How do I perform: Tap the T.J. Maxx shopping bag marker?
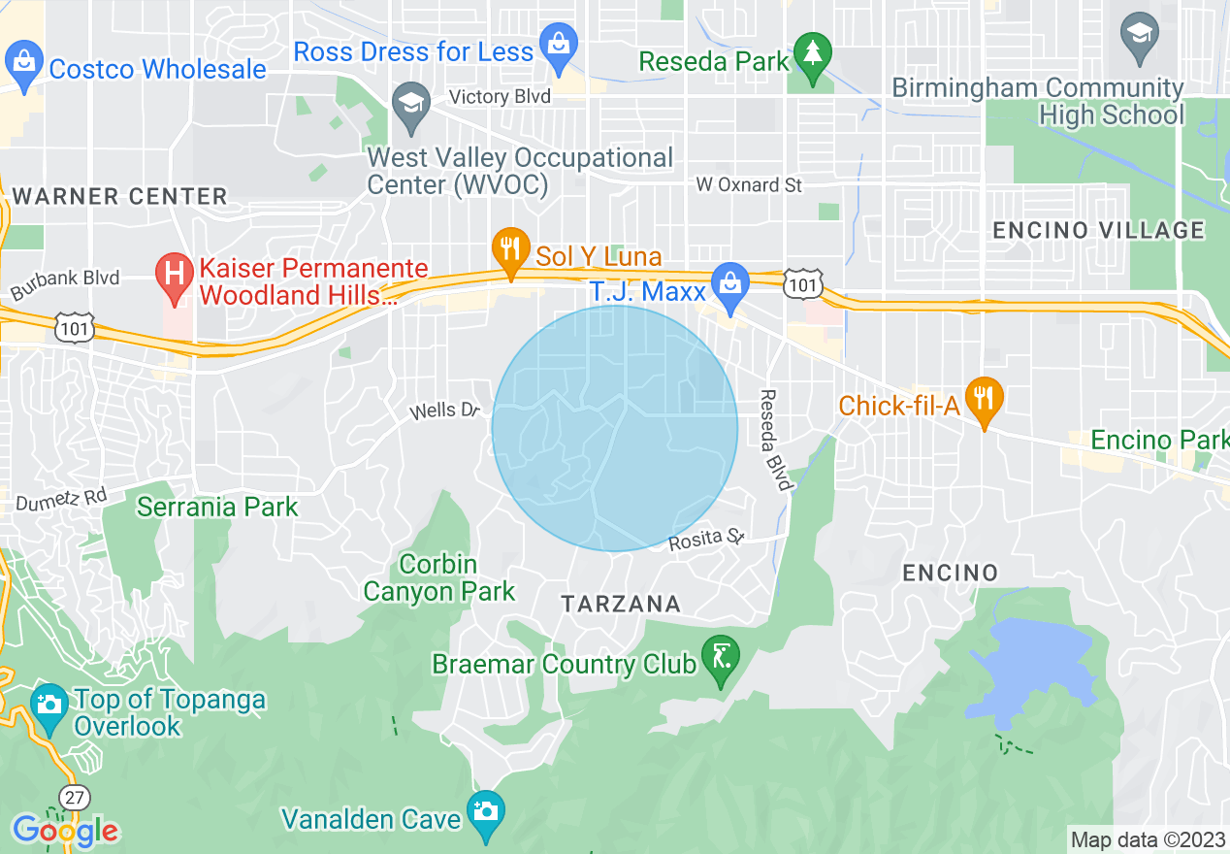point(728,283)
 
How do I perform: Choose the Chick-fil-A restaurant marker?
point(985,399)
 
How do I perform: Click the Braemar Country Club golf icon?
point(721,657)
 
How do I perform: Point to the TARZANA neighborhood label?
point(621,604)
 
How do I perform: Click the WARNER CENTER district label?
point(120,196)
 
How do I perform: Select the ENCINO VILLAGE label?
point(1099,230)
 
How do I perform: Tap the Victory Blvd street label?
point(500,96)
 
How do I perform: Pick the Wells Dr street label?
point(445,411)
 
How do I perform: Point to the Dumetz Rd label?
point(60,498)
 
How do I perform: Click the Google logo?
point(66,831)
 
